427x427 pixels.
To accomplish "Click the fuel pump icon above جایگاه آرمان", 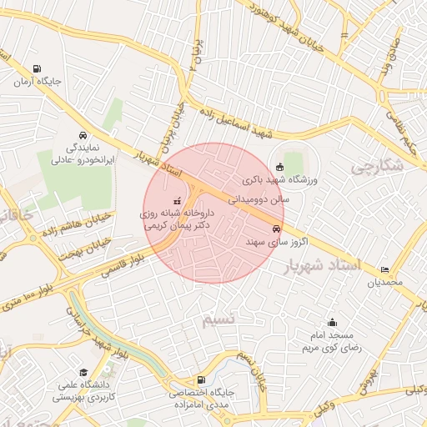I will (36, 69).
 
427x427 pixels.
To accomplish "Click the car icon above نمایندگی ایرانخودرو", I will (83, 135).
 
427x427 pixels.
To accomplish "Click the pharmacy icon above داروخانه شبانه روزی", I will (177, 201).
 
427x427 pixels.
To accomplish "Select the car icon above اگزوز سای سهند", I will (275, 229).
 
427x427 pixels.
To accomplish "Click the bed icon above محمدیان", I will (384, 269).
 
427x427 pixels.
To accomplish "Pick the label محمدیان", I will (384, 282).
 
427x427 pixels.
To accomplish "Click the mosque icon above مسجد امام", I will (332, 322).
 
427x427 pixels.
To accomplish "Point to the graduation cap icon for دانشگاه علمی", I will (83, 372).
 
